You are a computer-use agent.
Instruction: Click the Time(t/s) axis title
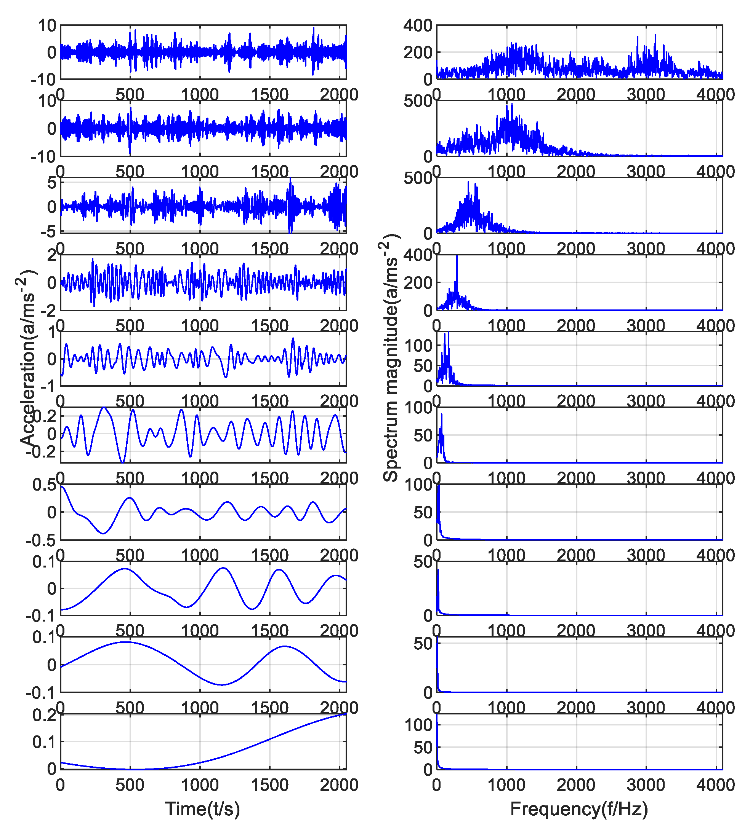(202, 808)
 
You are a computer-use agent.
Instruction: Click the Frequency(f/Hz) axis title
(579, 808)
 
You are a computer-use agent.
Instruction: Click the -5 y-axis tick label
(48, 231)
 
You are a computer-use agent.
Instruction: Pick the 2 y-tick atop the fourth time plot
(52, 255)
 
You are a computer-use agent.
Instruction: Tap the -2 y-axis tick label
(48, 311)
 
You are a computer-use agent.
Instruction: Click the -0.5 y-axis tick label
(41, 540)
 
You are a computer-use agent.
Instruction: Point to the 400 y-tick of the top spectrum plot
(417, 26)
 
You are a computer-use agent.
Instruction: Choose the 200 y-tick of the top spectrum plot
(417, 53)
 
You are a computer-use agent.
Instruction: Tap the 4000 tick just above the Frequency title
(715, 785)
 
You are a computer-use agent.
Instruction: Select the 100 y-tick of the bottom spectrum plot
(418, 725)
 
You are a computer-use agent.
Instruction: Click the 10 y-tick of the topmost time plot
(47, 26)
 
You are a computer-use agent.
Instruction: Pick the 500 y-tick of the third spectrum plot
(417, 179)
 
